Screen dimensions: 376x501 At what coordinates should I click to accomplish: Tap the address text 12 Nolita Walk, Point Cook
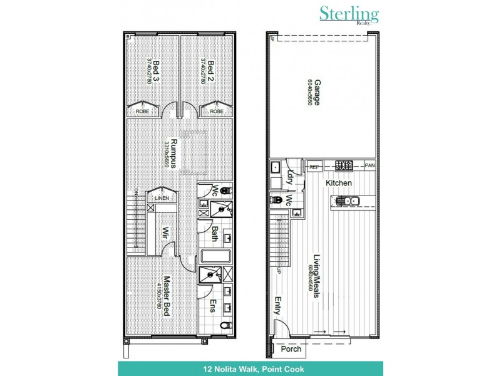coord(250,368)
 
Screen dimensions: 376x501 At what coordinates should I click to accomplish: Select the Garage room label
coord(318,92)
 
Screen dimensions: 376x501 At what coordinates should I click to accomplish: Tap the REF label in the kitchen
coord(314,166)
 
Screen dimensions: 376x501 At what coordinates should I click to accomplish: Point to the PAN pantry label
coord(370,166)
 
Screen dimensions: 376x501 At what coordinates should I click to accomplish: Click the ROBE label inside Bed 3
coord(142,111)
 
